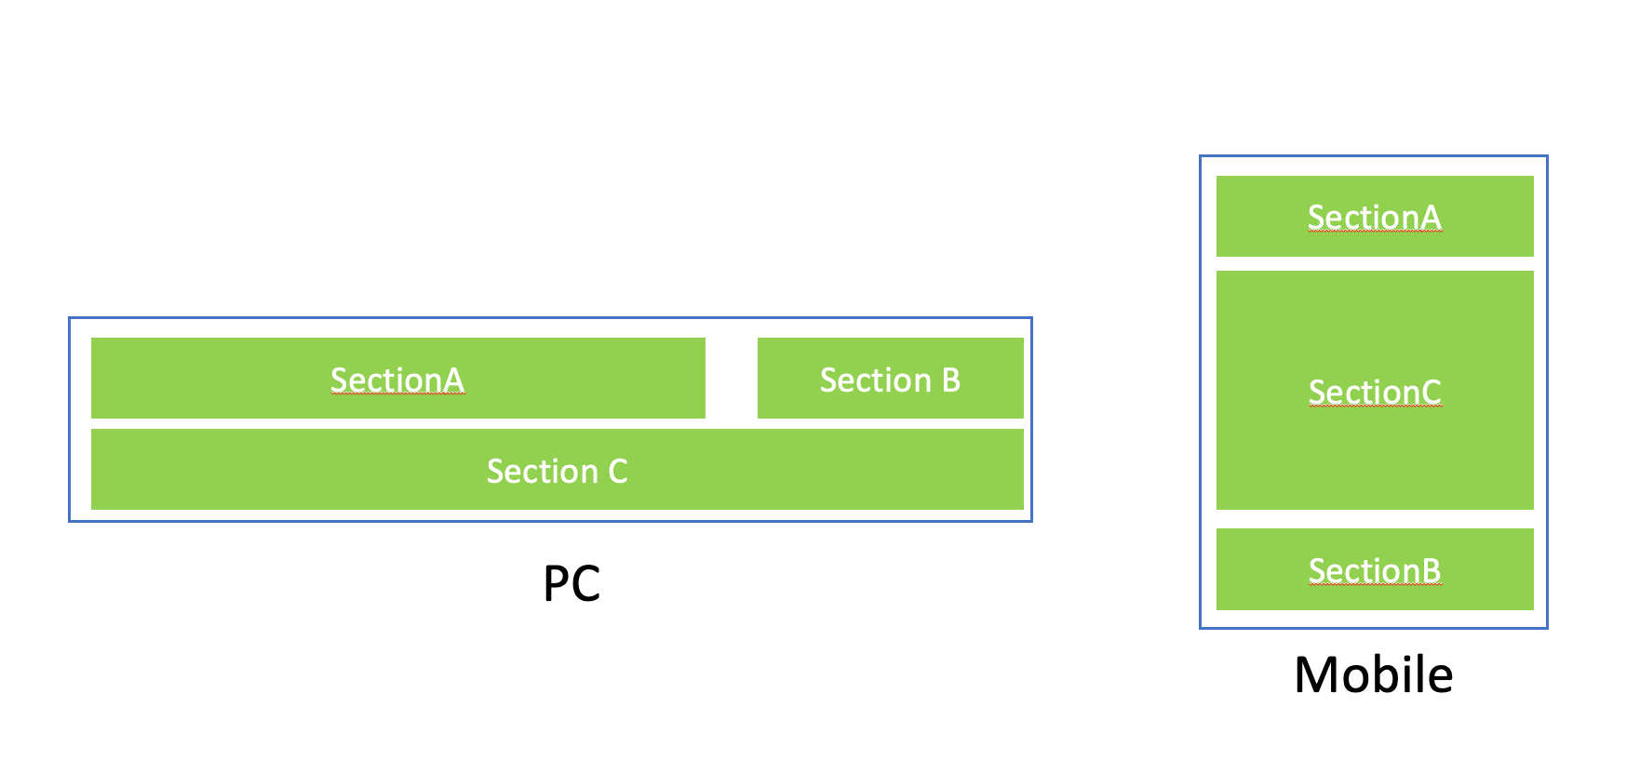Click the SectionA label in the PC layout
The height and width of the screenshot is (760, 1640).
coord(397,380)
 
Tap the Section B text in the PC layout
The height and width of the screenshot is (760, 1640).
coord(890,380)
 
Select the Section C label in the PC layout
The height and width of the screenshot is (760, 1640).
coord(557,471)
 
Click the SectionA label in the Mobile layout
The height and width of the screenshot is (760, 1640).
coord(1374,217)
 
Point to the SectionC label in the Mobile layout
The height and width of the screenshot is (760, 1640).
coord(1375,392)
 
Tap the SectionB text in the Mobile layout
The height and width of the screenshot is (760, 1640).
coord(1374,570)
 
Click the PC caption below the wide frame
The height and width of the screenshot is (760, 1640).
coord(571,584)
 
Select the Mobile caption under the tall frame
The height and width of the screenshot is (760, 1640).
coord(1373,674)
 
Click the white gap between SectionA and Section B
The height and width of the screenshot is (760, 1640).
coord(732,378)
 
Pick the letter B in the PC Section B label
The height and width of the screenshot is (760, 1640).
coord(951,380)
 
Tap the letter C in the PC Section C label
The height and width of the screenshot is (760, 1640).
coord(618,472)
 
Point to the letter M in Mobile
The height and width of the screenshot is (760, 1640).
coord(1317,674)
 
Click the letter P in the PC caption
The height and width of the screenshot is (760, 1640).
coord(556,584)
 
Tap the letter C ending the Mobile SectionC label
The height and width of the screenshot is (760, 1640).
coord(1432,392)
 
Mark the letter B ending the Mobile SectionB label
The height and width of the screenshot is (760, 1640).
coord(1432,570)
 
